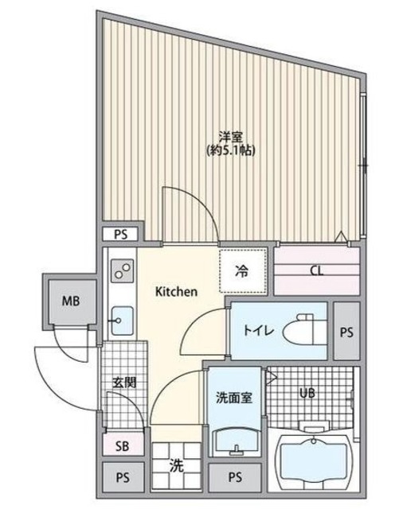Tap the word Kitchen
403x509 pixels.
pos(175,292)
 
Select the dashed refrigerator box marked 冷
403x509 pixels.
pos(242,270)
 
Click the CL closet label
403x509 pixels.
pos(316,270)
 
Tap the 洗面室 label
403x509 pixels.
pos(233,398)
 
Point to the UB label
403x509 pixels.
pos(307,393)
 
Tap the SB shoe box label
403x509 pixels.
pos(123,445)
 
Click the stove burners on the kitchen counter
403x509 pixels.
pos(123,273)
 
